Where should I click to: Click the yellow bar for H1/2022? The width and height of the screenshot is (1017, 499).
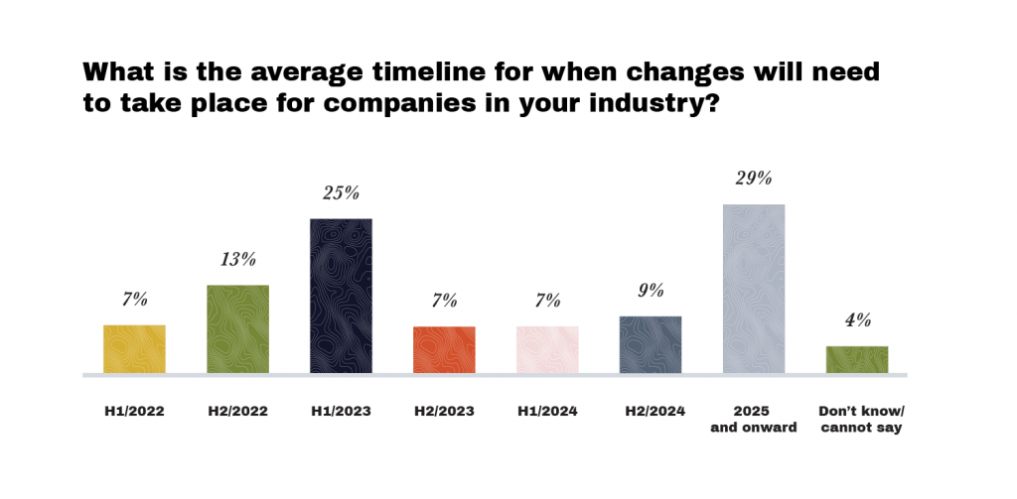tap(134, 349)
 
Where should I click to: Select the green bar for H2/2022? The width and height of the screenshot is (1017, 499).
tap(237, 329)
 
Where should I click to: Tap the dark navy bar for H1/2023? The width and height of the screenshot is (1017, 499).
tap(341, 296)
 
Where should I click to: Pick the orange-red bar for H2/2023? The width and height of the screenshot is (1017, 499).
tap(444, 350)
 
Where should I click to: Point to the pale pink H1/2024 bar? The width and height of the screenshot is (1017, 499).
tap(547, 350)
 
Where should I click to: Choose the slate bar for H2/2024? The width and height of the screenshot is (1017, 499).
tap(651, 345)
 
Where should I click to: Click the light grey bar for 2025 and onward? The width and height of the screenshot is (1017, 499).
tap(754, 289)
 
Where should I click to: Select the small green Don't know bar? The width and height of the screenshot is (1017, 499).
tap(857, 360)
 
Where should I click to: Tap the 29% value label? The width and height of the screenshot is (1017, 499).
tap(754, 180)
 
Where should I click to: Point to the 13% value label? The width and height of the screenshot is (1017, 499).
tap(237, 260)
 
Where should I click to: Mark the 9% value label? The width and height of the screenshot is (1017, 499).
tap(651, 292)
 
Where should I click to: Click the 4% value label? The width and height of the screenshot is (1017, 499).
tap(857, 320)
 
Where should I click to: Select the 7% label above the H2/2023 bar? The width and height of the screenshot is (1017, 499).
tap(444, 301)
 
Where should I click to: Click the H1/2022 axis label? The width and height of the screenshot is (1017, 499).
tap(134, 411)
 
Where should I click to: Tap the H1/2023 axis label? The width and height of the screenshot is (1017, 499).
tap(341, 411)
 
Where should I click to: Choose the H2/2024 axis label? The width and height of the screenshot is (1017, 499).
tap(651, 411)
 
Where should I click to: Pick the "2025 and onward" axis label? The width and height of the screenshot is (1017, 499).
tap(754, 420)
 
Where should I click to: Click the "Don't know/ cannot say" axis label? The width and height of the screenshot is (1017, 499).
tap(857, 420)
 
